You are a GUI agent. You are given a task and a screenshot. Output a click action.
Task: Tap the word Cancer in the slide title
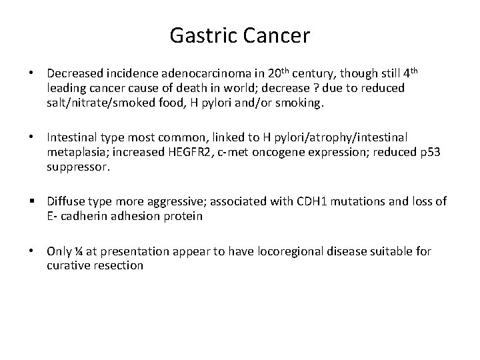(277, 35)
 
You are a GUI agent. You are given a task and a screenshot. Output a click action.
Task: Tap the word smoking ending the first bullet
(301, 103)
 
